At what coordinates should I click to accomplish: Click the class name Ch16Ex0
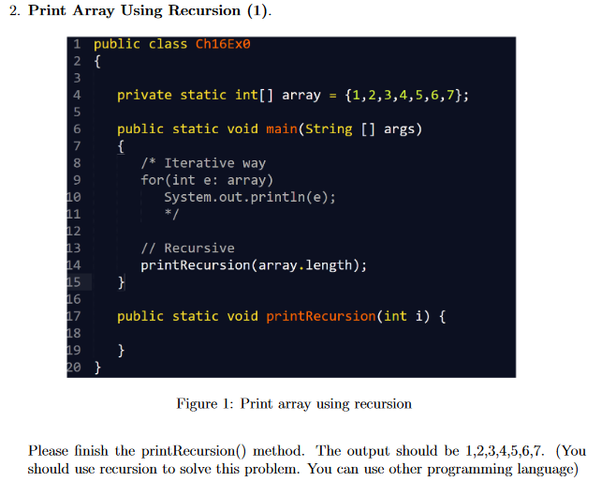pyautogui.click(x=224, y=44)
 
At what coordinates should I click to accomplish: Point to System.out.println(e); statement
pyautogui.click(x=250, y=197)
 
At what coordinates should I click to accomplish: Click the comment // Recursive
pyautogui.click(x=187, y=248)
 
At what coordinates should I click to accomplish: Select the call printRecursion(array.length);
pyautogui.click(x=254, y=265)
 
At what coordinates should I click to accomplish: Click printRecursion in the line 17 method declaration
pyautogui.click(x=321, y=316)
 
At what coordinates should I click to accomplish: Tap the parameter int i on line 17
pyautogui.click(x=407, y=316)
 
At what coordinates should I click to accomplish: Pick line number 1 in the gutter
pyautogui.click(x=79, y=44)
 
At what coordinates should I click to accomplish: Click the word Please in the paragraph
pyautogui.click(x=49, y=451)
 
